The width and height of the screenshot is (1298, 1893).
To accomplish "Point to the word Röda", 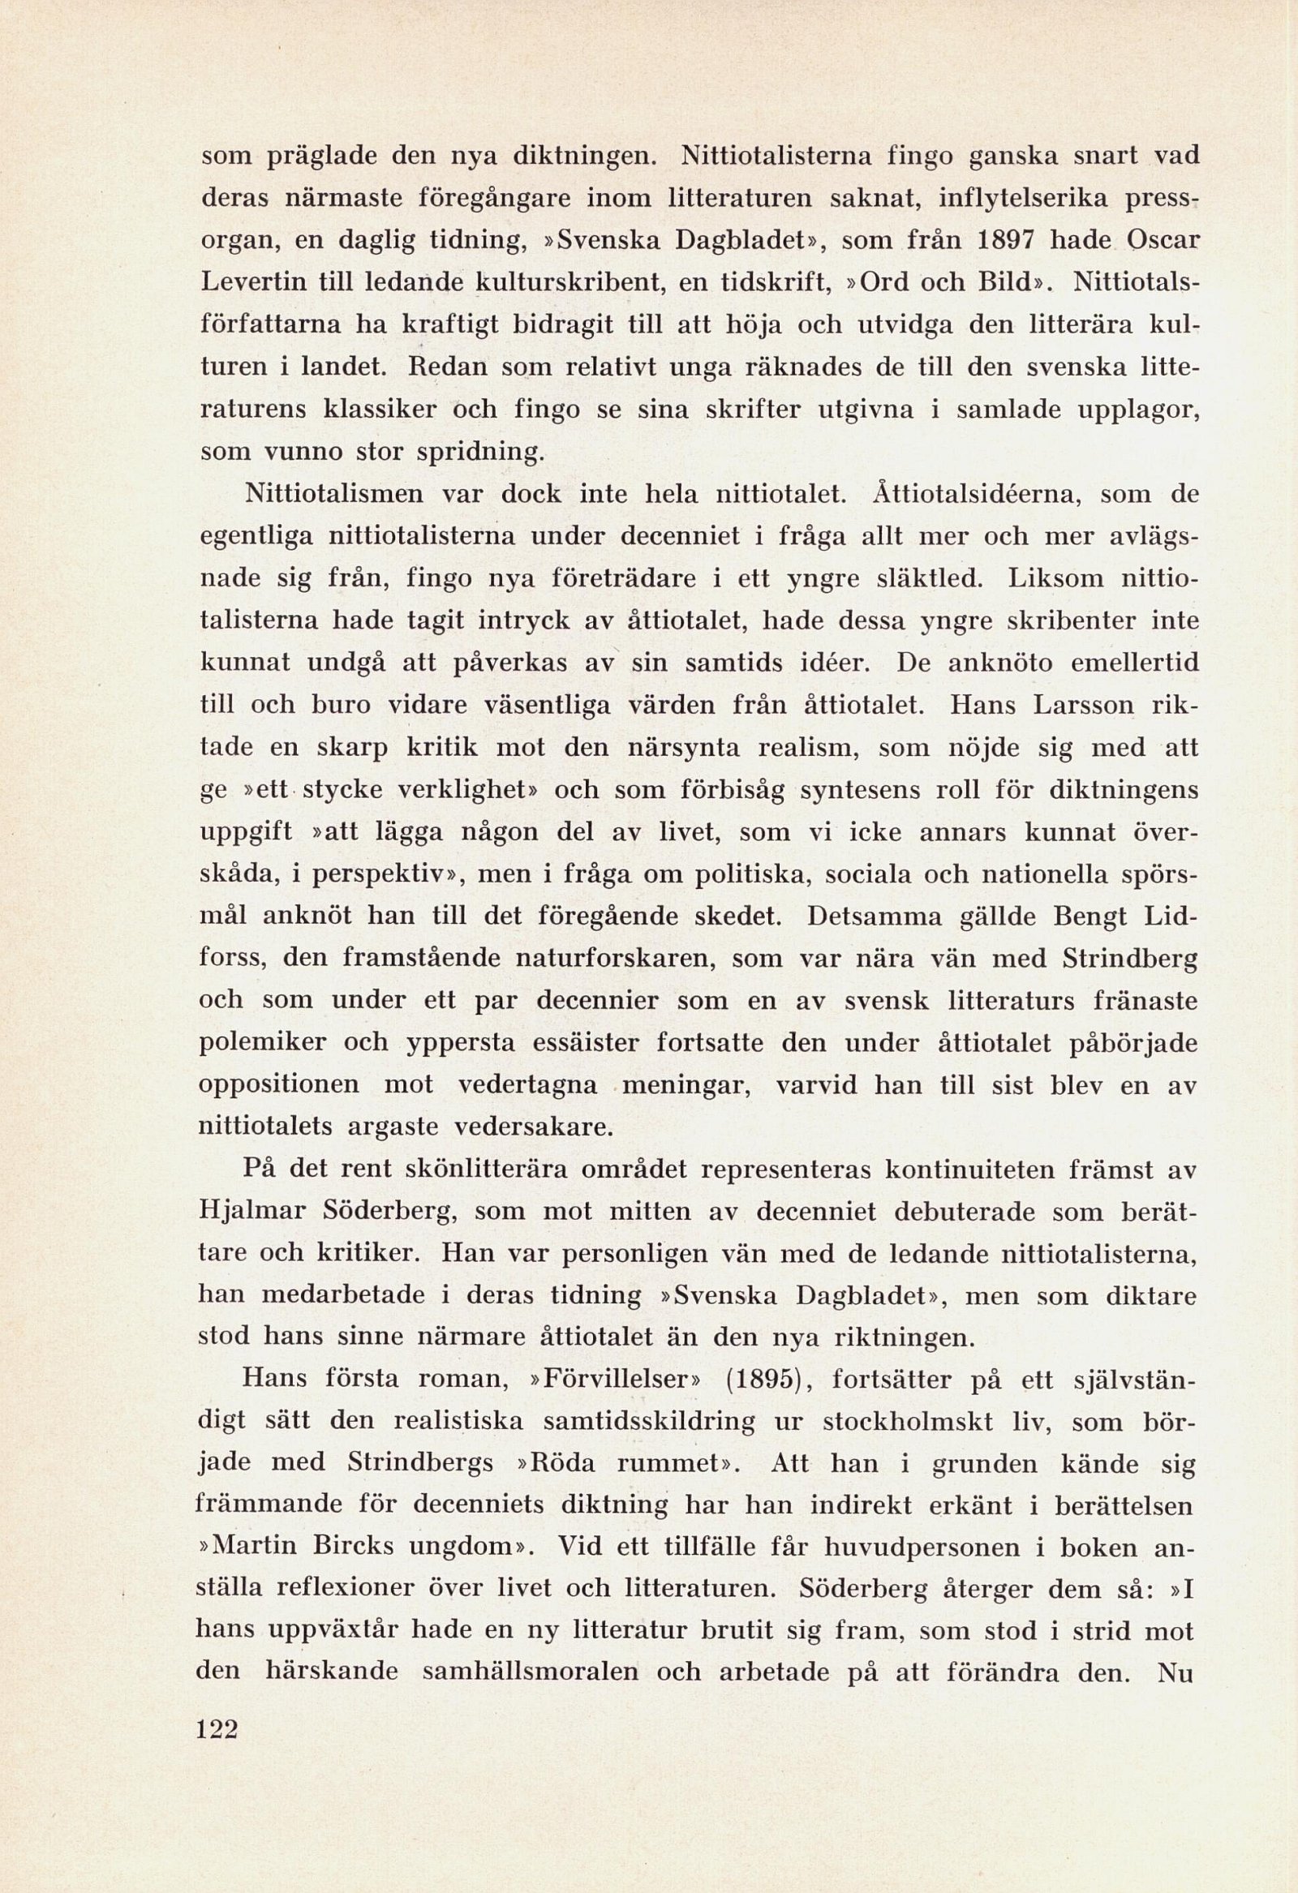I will (x=565, y=1463).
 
